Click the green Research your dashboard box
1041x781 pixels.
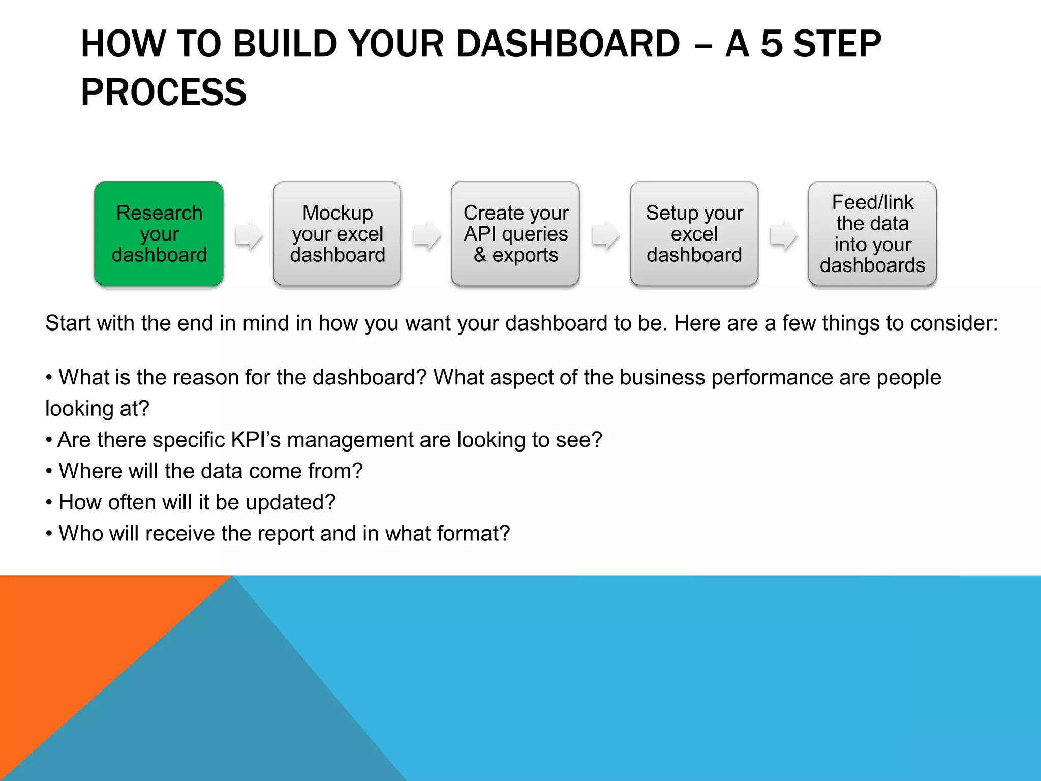(x=159, y=234)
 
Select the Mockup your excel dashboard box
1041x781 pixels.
(x=337, y=234)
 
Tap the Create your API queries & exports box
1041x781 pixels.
(x=515, y=234)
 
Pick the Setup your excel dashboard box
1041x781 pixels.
(x=694, y=234)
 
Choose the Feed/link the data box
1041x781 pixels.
(x=872, y=234)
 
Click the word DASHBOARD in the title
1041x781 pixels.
(x=568, y=44)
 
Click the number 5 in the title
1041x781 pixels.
(x=771, y=44)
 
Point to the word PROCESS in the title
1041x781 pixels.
(x=164, y=93)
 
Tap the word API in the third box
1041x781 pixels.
(x=479, y=234)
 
